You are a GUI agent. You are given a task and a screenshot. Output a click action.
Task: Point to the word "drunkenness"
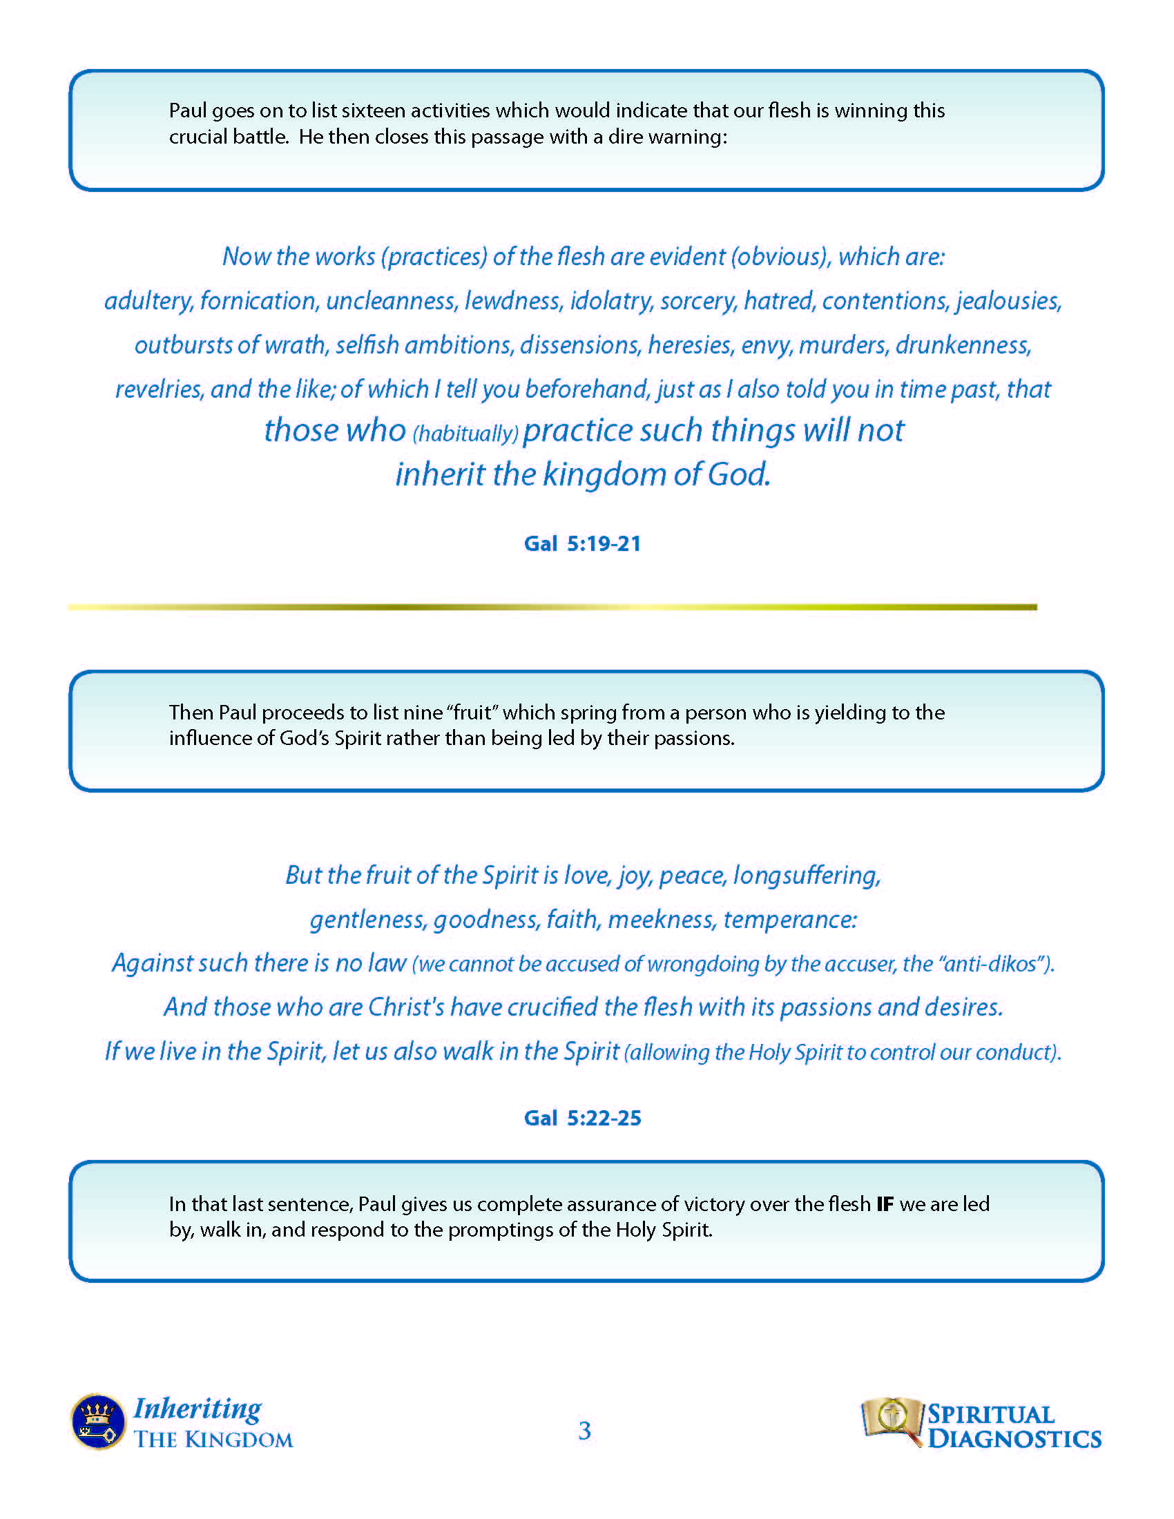pyautogui.click(x=963, y=345)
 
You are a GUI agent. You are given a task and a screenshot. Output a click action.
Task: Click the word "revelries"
pyautogui.click(x=159, y=389)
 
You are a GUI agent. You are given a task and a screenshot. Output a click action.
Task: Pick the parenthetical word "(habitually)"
pyautogui.click(x=465, y=434)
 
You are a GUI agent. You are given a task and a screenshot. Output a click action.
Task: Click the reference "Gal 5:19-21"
pyautogui.click(x=582, y=543)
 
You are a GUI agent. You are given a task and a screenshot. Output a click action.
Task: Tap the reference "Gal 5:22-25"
pyautogui.click(x=582, y=1118)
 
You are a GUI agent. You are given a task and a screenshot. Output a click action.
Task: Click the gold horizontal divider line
pyautogui.click(x=552, y=607)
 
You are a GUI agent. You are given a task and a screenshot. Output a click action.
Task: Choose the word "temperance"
pyautogui.click(x=790, y=920)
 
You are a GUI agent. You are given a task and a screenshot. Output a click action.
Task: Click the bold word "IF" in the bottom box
pyautogui.click(x=885, y=1204)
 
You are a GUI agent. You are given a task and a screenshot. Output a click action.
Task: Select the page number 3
pyautogui.click(x=584, y=1431)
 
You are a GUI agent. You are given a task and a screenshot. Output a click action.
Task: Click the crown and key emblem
pyautogui.click(x=98, y=1422)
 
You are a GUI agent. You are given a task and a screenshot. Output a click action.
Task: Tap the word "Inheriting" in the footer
pyautogui.click(x=198, y=1409)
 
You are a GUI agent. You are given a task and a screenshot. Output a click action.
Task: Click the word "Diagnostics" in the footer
pyautogui.click(x=1014, y=1439)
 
